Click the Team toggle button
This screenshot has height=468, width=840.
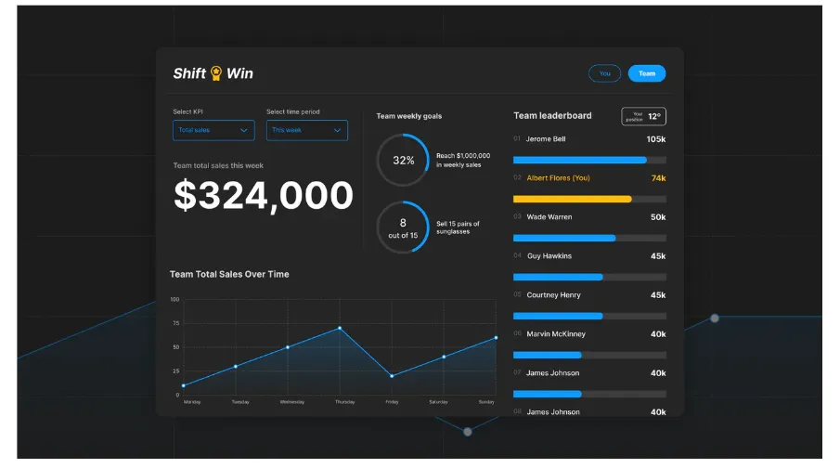646,73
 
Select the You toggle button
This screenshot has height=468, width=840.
604,73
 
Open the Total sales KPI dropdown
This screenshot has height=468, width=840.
213,130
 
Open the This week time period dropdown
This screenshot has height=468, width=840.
306,130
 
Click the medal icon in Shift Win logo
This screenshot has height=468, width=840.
216,73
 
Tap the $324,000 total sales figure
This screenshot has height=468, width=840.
264,196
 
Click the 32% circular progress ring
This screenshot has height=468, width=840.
403,160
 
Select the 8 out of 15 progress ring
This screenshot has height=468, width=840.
403,228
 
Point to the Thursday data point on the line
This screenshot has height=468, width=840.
340,328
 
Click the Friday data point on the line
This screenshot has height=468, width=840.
392,376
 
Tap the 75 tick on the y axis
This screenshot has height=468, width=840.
174,323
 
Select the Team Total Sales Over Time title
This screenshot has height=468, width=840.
229,274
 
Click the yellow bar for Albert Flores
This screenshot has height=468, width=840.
573,199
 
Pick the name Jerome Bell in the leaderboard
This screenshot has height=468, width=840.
546,139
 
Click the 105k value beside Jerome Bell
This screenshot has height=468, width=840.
656,139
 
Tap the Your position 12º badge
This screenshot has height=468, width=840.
643,116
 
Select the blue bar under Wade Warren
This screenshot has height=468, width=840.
564,238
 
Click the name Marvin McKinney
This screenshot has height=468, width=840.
556,334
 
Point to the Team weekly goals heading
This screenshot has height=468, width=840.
409,116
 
